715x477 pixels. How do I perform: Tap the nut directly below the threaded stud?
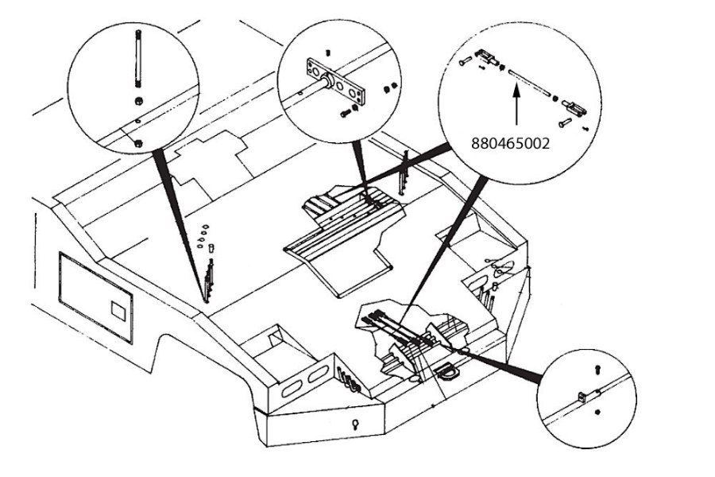(x=137, y=102)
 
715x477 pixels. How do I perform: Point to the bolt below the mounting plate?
(x=346, y=113)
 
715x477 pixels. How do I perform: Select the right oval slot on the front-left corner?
(x=315, y=371)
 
